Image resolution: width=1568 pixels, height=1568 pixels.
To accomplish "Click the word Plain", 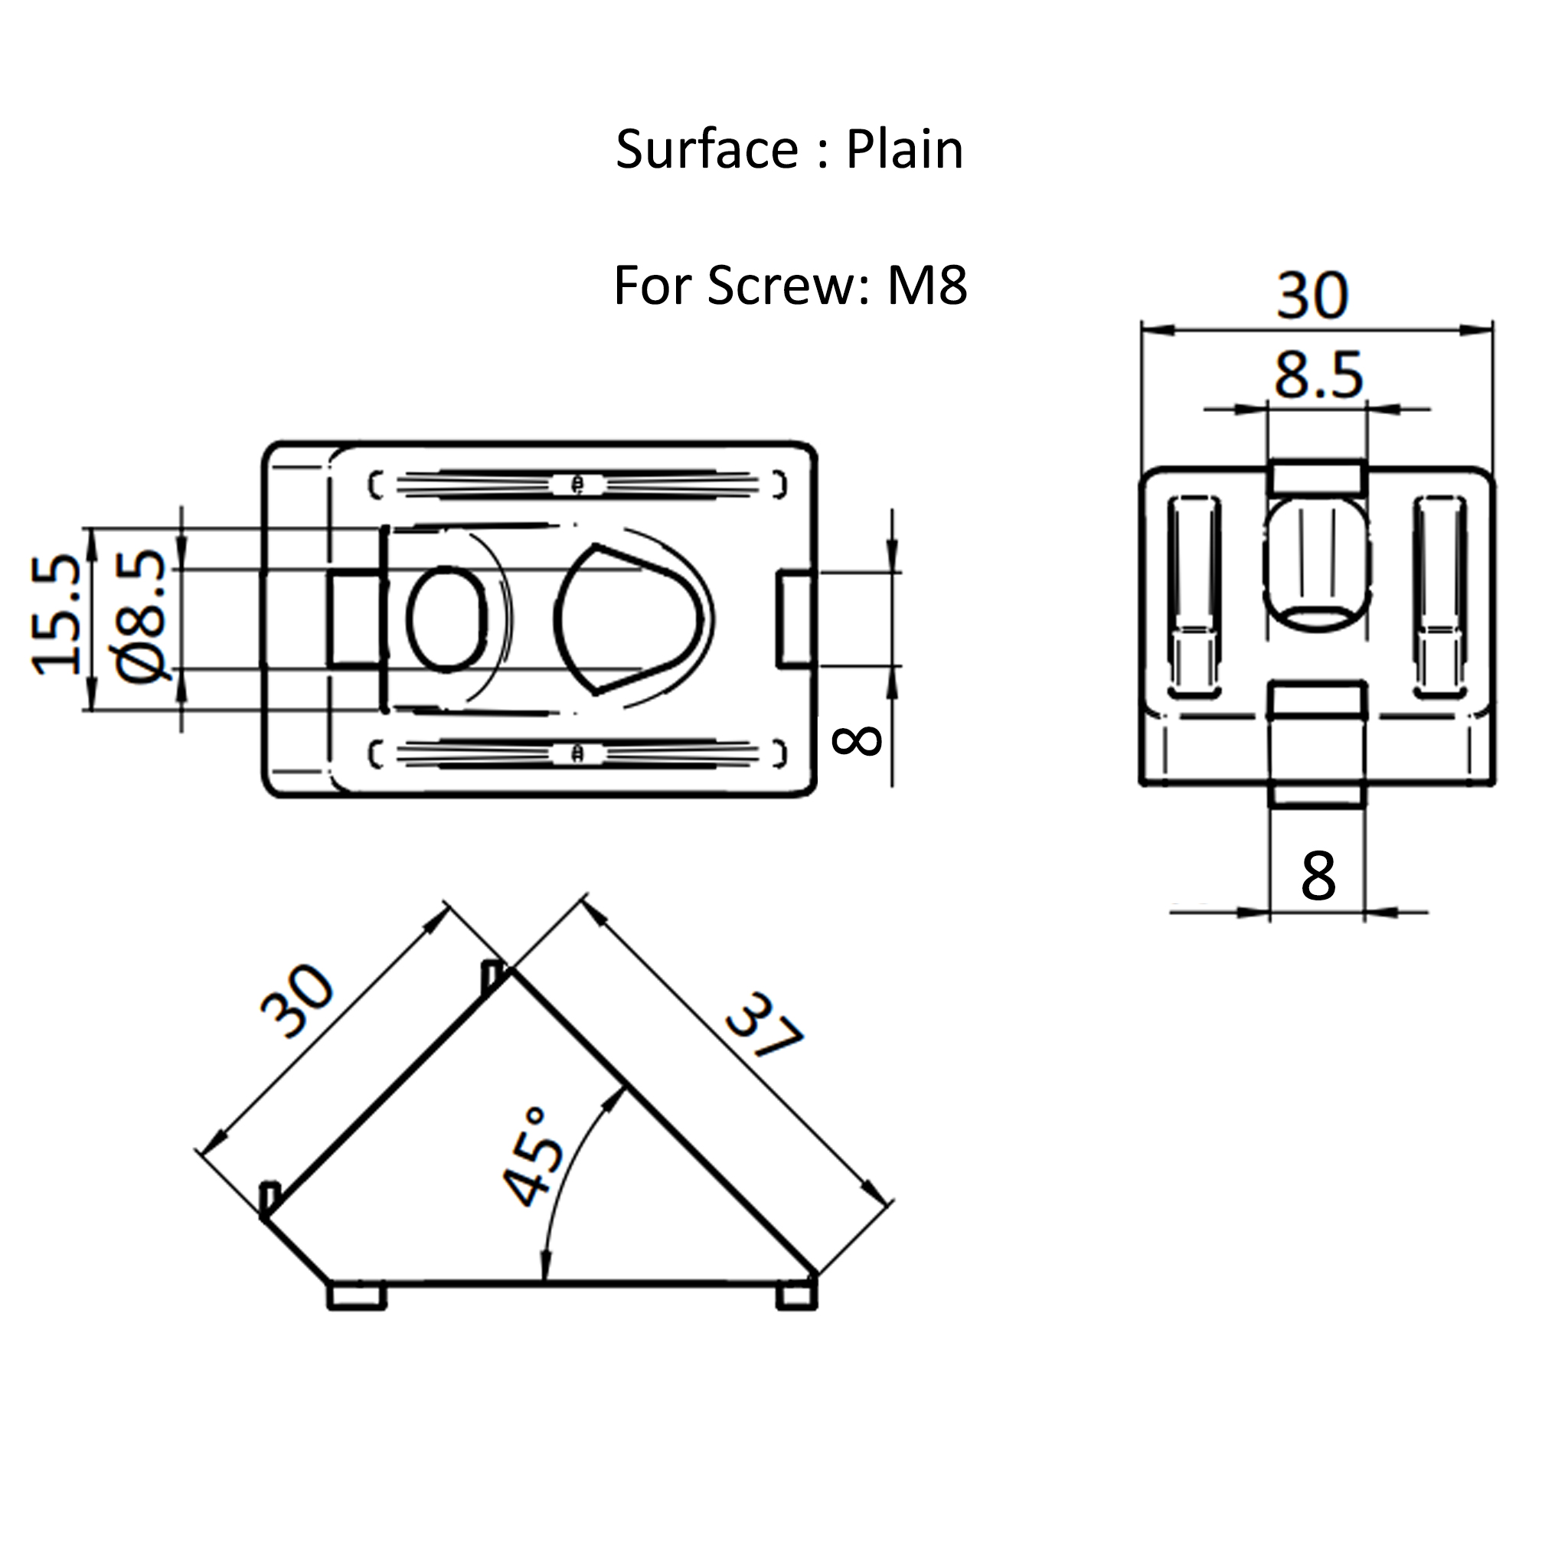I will (904, 150).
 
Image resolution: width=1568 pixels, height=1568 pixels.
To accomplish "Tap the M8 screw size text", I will (927, 286).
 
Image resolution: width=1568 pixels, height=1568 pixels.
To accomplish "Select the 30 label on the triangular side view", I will (297, 1001).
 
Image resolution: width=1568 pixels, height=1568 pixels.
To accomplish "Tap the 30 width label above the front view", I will (1312, 296).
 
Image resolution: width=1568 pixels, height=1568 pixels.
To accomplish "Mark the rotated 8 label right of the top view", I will (857, 740).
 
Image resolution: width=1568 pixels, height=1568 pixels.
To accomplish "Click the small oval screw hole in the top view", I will (447, 619).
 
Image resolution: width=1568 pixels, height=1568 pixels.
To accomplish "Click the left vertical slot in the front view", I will (1193, 596).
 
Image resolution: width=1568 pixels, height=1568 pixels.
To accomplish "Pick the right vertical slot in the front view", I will (1440, 596).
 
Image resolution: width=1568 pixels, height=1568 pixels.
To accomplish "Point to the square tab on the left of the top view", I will (354, 619).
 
